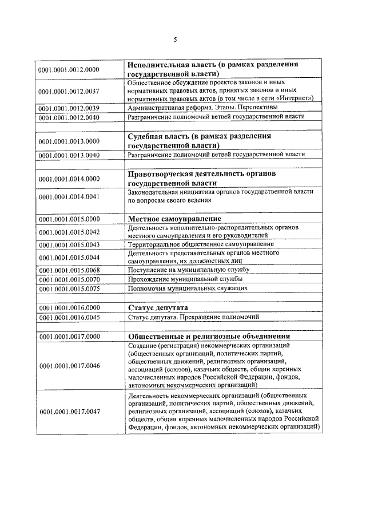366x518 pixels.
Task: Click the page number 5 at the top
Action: pyautogui.click(x=176, y=39)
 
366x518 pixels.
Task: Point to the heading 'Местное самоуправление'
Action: pyautogui.click(x=174, y=219)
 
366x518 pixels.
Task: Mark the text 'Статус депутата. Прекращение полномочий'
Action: pyautogui.click(x=194, y=317)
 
